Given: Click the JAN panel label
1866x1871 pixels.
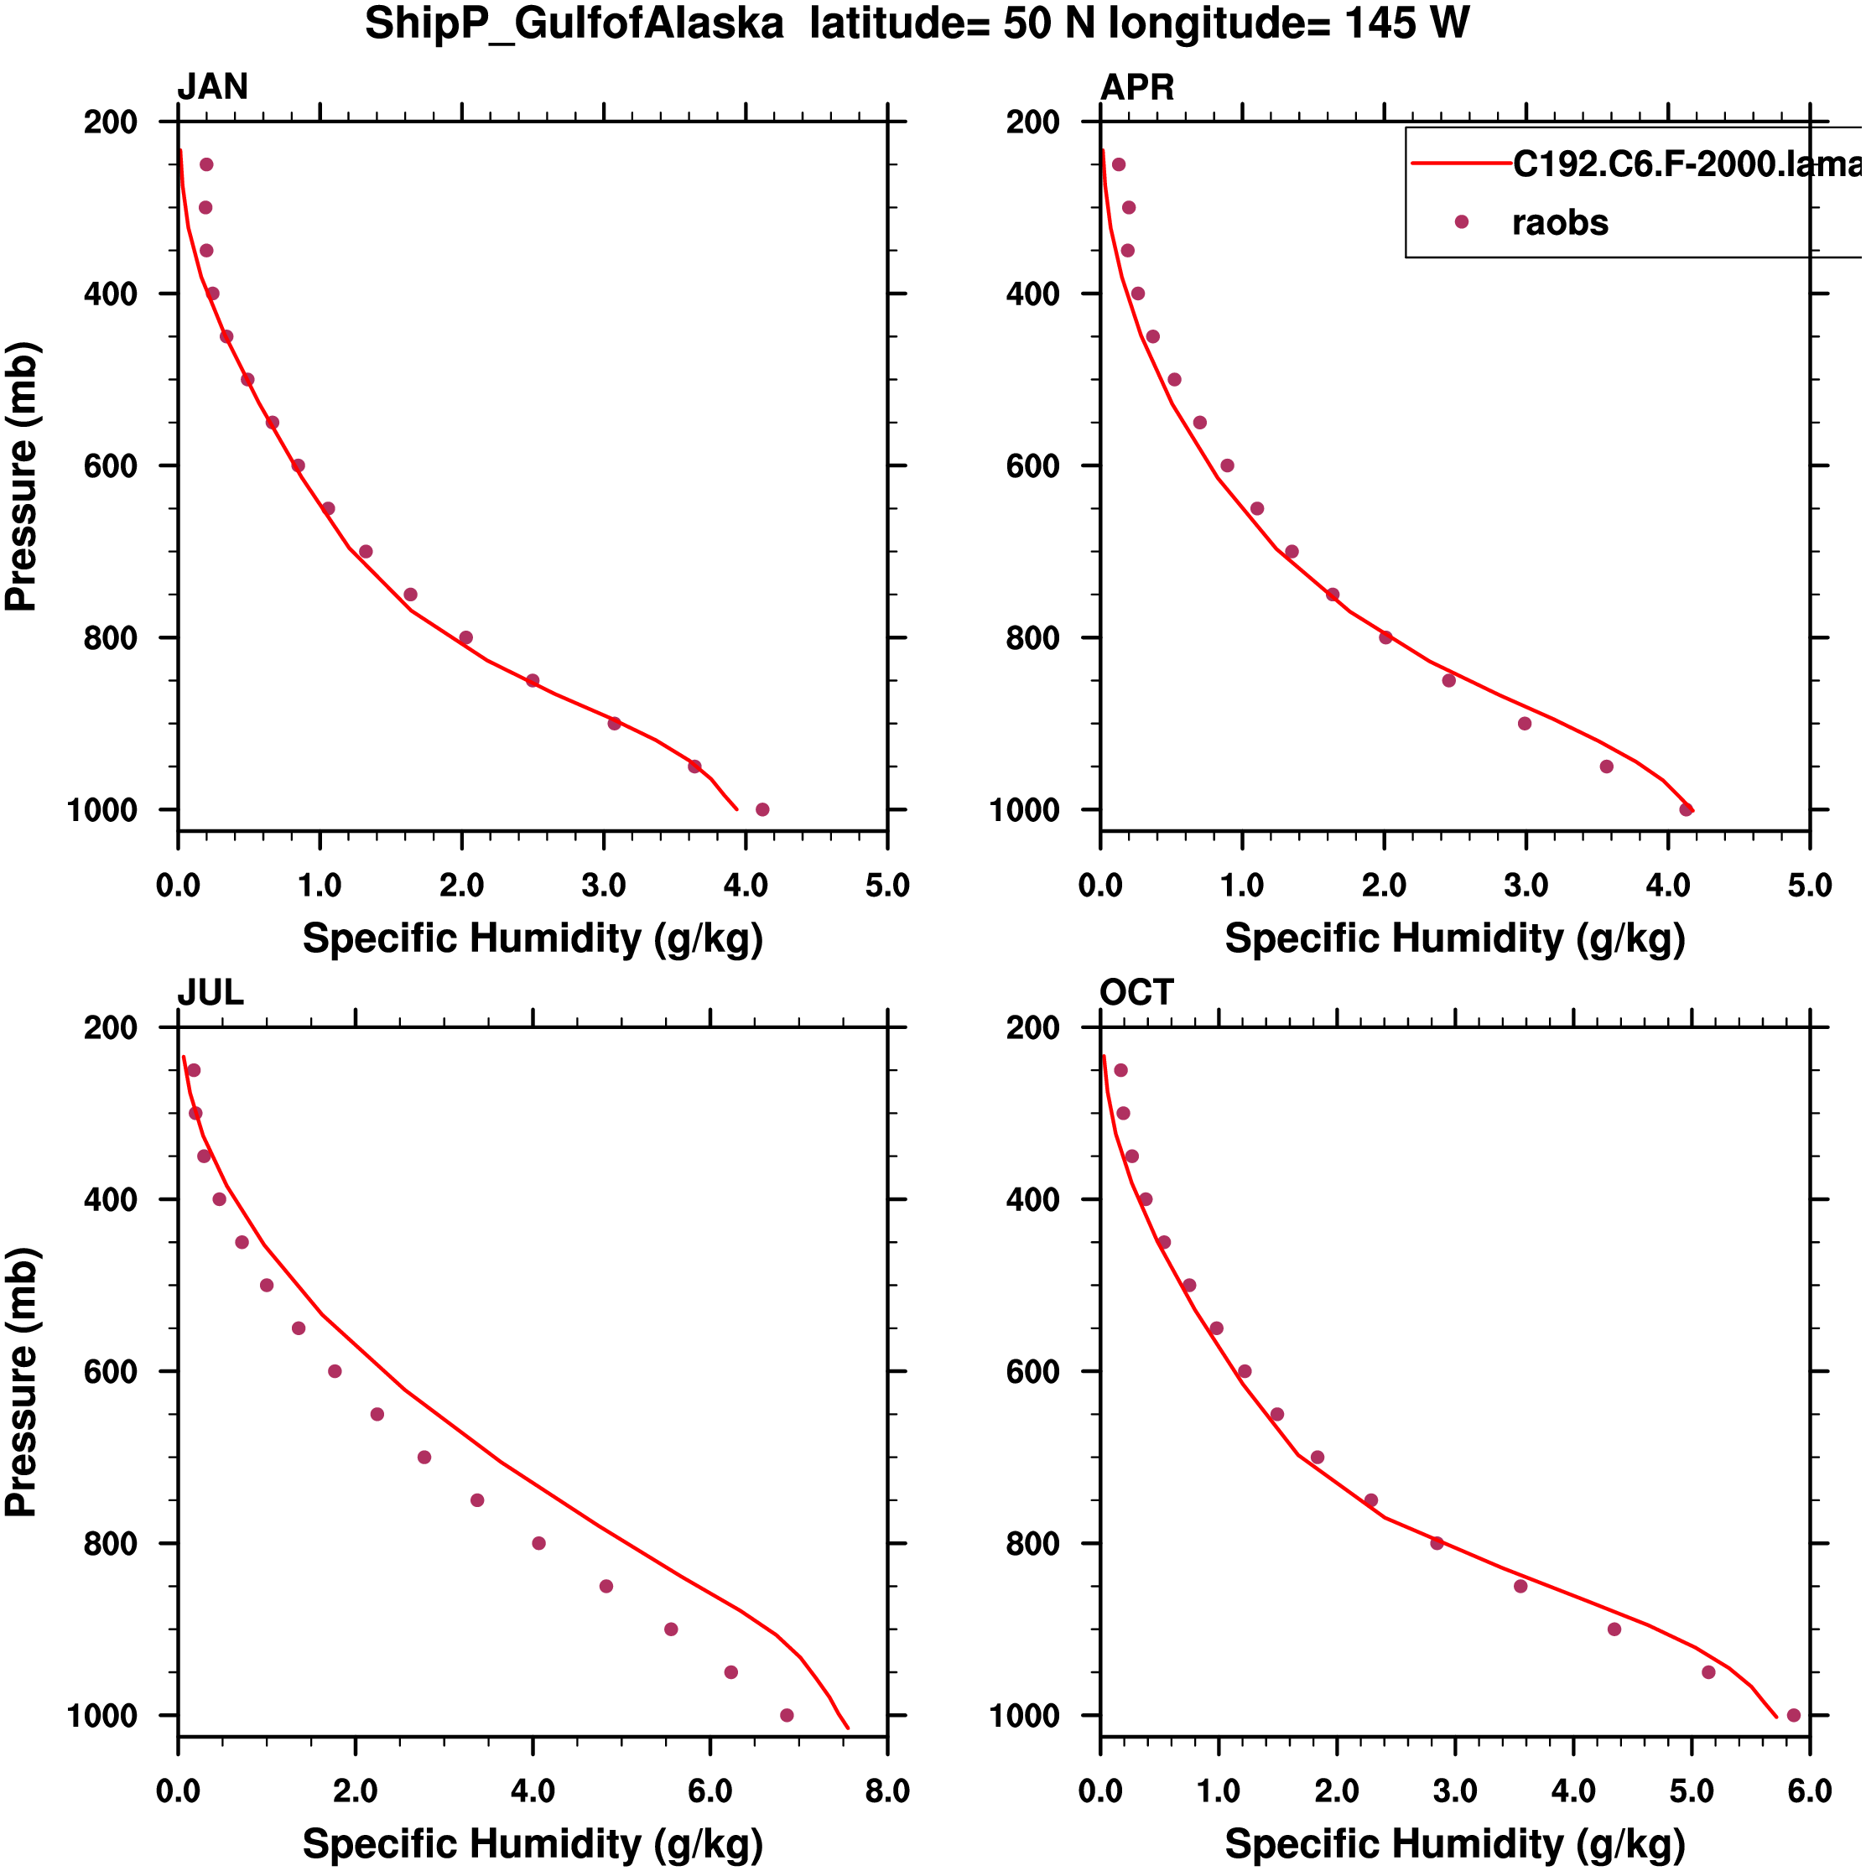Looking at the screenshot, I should click(212, 87).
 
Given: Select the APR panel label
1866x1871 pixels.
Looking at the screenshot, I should click(1137, 87).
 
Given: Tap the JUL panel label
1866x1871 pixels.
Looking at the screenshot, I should click(211, 993).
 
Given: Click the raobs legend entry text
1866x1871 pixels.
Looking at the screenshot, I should click(1560, 223).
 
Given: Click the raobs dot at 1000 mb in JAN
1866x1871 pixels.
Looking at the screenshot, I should click(762, 809).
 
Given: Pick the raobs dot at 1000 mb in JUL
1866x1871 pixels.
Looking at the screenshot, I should click(787, 1715).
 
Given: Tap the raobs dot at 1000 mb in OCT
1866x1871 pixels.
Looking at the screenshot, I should click(1793, 1715).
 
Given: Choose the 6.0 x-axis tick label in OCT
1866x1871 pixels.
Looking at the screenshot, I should click(1809, 1791).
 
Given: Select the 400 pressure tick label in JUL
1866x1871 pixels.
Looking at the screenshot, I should click(111, 1200).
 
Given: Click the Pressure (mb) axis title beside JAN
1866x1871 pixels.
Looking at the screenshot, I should click(21, 476).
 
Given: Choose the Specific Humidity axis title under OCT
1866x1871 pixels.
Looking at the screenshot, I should click(1454, 1844).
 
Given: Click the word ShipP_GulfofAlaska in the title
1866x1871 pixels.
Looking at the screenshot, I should click(574, 23).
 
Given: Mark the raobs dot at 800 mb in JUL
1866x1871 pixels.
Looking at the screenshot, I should click(539, 1544).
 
